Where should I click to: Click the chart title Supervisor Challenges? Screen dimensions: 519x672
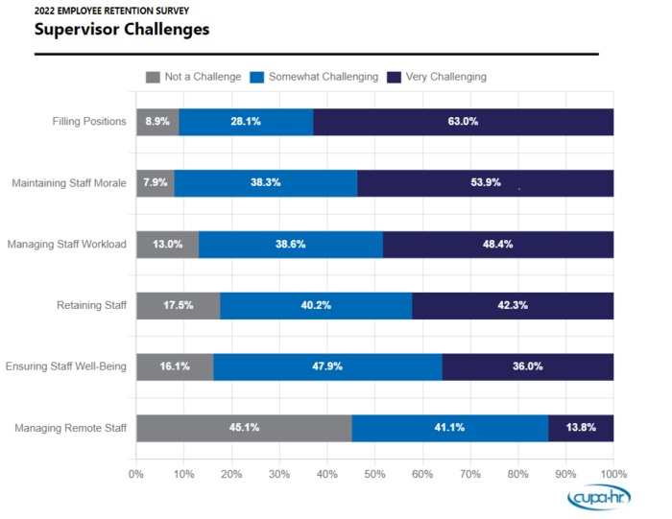(122, 29)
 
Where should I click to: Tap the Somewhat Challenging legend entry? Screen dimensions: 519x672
(314, 77)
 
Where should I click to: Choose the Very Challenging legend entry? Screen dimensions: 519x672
(437, 77)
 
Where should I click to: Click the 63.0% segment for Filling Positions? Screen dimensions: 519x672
(463, 122)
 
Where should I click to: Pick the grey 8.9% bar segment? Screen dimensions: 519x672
(157, 122)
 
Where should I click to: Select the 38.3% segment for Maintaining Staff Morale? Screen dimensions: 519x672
(265, 183)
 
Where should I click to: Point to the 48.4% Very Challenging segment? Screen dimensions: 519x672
(497, 245)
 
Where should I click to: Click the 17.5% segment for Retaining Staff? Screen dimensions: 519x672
(179, 306)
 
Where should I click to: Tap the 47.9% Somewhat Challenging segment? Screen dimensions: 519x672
(327, 366)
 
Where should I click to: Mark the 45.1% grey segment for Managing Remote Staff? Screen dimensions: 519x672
(244, 428)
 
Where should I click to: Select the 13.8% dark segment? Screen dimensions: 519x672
(581, 428)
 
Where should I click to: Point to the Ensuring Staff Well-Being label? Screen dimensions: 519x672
(66, 366)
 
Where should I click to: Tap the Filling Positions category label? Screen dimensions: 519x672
(89, 122)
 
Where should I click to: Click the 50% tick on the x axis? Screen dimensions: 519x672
(375, 474)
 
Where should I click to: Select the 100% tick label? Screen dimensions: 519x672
(613, 474)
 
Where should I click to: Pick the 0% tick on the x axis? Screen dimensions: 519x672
(136, 474)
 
